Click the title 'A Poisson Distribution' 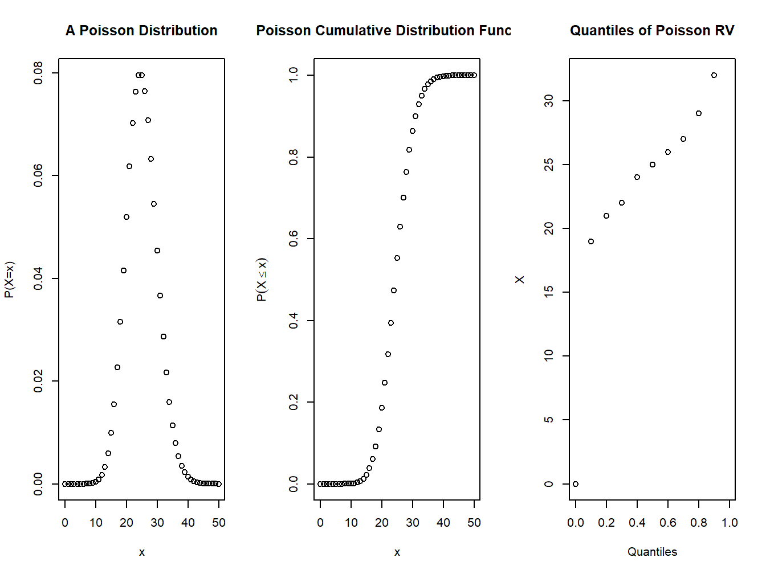[141, 31]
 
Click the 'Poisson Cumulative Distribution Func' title [383, 31]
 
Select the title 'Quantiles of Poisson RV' [652, 31]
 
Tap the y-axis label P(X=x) [10, 280]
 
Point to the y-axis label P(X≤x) [262, 280]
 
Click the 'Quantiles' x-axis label [652, 552]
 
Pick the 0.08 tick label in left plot [38, 73]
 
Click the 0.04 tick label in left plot [38, 278]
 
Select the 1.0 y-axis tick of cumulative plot [294, 75]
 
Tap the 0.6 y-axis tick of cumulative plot [294, 239]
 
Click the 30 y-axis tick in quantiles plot [549, 101]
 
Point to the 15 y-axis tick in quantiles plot [549, 292]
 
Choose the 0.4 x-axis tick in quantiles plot [637, 523]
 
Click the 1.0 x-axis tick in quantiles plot [730, 523]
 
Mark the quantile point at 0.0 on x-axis [576, 484]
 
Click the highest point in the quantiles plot [714, 75]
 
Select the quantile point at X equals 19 [591, 241]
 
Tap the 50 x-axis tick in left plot [219, 523]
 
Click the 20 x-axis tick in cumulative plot [382, 523]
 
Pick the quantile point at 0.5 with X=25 [653, 165]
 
